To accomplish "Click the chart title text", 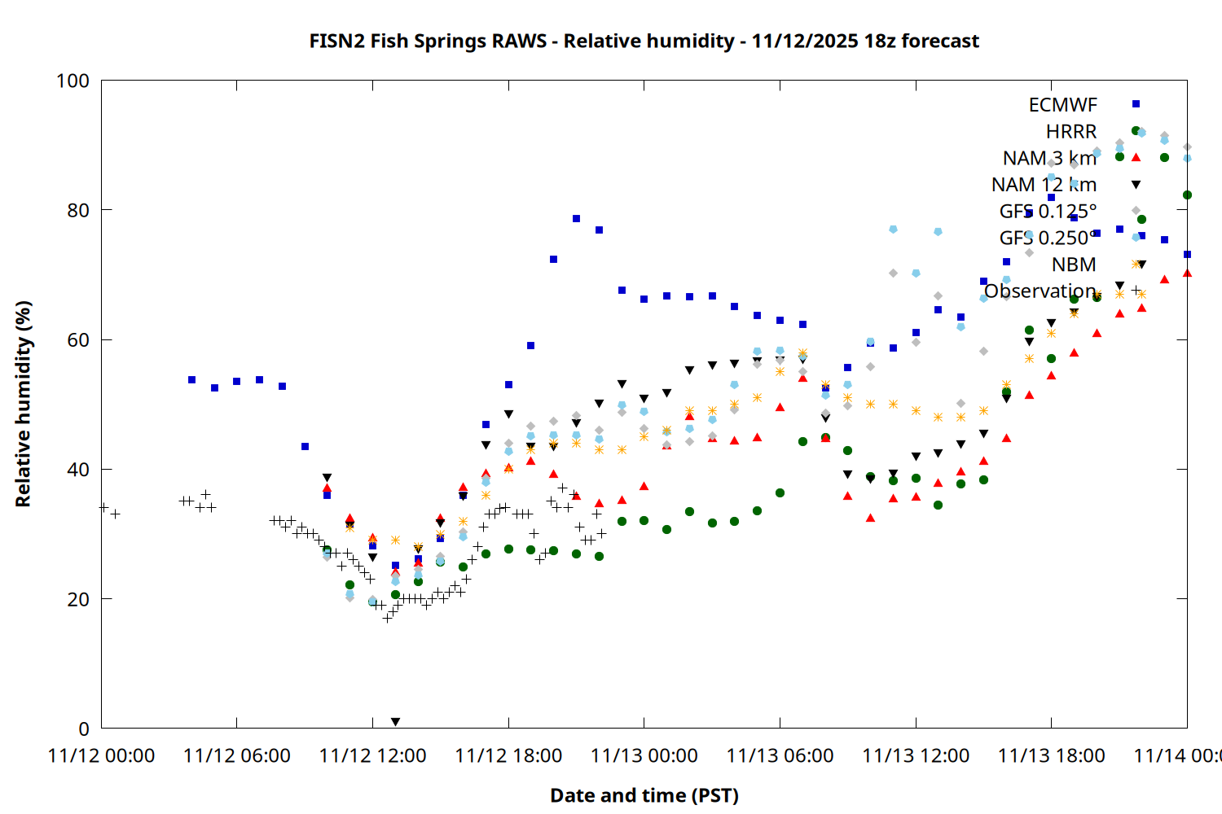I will click(644, 41).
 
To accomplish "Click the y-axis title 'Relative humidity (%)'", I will click(23, 404).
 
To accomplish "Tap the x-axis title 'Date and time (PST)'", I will click(644, 795).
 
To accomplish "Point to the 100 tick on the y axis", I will click(73, 81).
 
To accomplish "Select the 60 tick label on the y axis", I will click(78, 340).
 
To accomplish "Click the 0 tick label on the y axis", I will click(83, 729).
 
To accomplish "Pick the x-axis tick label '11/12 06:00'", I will click(236, 755).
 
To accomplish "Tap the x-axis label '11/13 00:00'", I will click(644, 755).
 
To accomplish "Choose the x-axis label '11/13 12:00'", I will click(916, 755).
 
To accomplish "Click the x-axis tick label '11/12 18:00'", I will click(508, 755).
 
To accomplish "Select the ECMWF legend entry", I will click(1062, 105).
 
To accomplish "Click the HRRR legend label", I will click(1071, 132).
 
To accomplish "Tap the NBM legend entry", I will click(1074, 265).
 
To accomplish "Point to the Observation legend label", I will click(1040, 291).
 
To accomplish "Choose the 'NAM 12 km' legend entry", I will click(1044, 185).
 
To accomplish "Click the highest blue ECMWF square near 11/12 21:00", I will click(576, 218).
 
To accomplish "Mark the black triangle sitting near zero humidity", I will click(395, 722).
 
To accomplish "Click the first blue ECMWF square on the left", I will click(191, 379).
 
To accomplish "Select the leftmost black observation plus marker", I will click(103, 507).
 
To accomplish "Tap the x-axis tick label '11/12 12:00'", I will click(372, 755).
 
